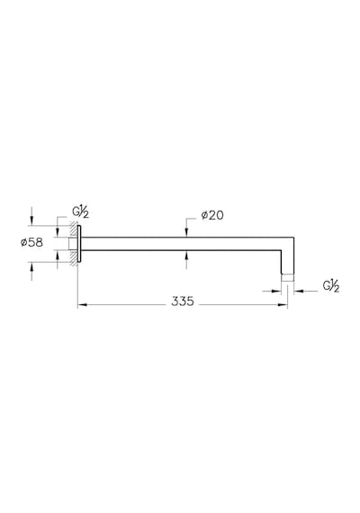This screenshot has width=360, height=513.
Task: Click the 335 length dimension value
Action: (183, 301)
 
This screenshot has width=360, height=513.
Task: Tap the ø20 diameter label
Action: (212, 215)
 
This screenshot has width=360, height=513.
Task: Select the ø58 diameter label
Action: (31, 242)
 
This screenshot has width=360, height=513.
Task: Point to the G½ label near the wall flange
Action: (80, 212)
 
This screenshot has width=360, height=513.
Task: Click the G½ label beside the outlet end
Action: (331, 286)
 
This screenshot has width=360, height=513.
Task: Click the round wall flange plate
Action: (78, 244)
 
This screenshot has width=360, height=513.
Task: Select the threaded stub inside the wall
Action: (73, 244)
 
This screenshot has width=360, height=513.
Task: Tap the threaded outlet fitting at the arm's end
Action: (288, 278)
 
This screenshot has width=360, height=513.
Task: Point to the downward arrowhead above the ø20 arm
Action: (186, 232)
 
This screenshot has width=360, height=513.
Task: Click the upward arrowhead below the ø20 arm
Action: (186, 255)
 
